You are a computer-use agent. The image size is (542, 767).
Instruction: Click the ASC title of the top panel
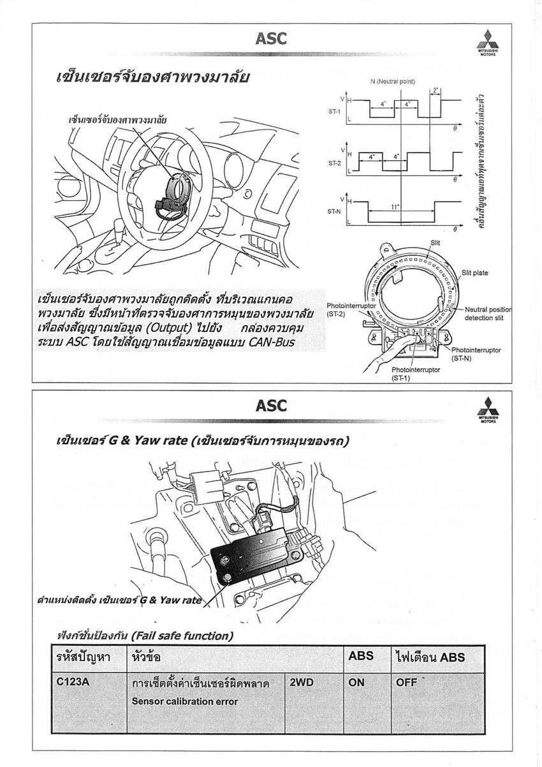point(271,38)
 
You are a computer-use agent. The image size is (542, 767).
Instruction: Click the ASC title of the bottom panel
point(271,405)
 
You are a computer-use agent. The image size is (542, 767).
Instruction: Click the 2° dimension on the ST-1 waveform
point(436,90)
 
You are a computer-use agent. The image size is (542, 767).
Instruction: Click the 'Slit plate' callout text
point(475,273)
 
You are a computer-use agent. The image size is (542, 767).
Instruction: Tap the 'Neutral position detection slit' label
point(488,313)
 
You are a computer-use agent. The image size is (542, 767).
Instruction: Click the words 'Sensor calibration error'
point(185,701)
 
